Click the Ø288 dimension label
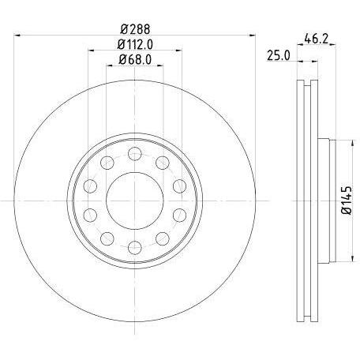tap(135, 29)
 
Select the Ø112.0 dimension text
tap(135, 44)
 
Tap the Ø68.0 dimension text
tap(135, 60)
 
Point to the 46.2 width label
tap(317, 39)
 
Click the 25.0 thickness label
tap(279, 56)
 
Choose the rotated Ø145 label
tap(347, 201)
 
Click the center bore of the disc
tap(135, 201)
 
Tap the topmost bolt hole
tap(135, 153)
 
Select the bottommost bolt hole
tap(135, 248)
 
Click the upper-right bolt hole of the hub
tap(163, 163)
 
